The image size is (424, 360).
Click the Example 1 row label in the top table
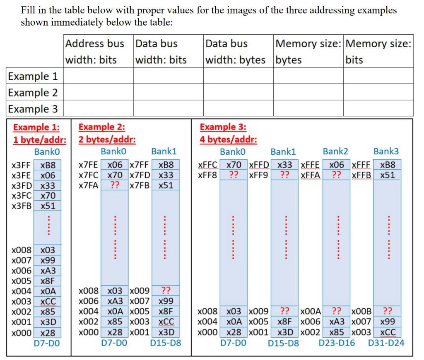click(x=33, y=76)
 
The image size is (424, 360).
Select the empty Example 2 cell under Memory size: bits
click(x=378, y=92)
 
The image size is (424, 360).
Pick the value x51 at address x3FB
click(x=48, y=206)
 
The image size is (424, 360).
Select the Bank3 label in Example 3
click(x=385, y=151)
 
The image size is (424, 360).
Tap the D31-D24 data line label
click(x=386, y=343)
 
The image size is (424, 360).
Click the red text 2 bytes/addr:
click(x=107, y=139)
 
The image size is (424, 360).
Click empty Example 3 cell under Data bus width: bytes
click(x=238, y=109)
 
